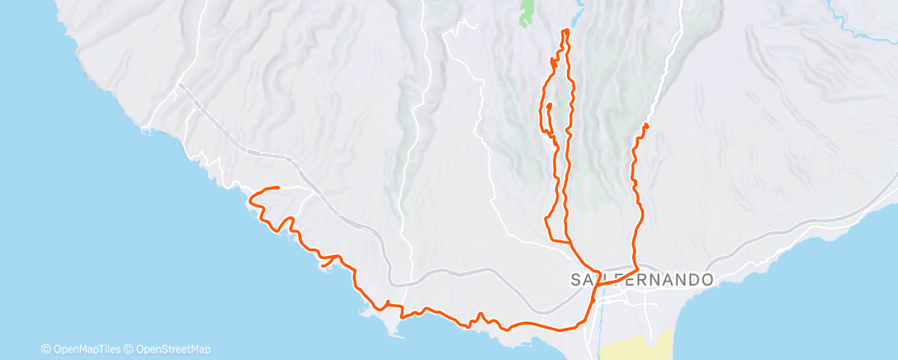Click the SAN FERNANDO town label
pos(641,280)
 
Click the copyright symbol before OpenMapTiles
pos(45,349)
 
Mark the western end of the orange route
pos(278,187)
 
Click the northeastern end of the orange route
pos(645,125)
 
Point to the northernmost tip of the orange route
pos(565,31)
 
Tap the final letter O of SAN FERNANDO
pos(707,280)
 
